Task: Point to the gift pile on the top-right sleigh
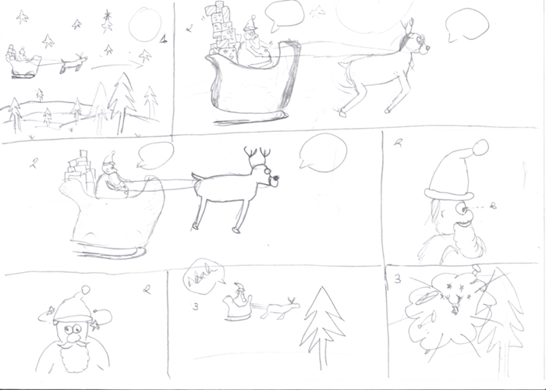222,30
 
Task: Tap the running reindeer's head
416,45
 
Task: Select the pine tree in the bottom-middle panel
318,322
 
